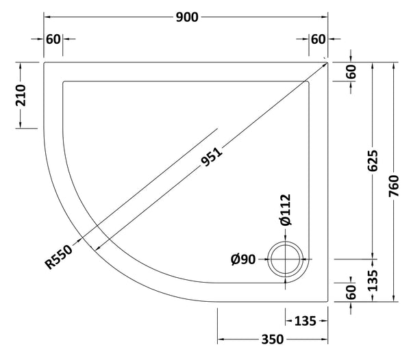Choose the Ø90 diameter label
[243, 259]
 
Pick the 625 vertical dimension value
[373, 162]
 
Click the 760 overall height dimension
[395, 182]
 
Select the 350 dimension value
[273, 339]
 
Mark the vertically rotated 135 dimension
[373, 281]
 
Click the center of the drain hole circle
[286, 259]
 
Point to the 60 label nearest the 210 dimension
[53, 38]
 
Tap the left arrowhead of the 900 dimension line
[47, 17]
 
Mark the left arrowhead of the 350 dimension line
[221, 339]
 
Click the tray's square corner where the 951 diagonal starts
[327, 62]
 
